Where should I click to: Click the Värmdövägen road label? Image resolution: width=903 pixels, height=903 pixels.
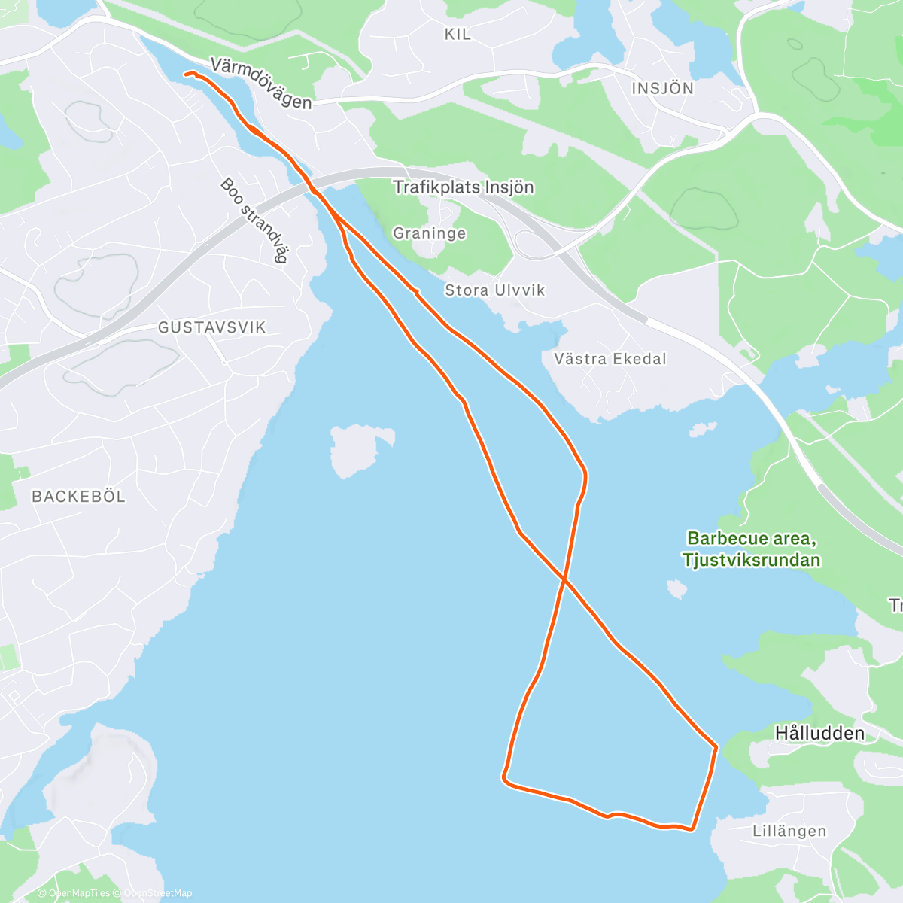pos(260,84)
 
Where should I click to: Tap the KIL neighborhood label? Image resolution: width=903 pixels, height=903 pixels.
pos(458,34)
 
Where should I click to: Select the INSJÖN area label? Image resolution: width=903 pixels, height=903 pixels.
pos(662,88)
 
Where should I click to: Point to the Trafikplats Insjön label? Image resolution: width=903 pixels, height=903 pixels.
pos(464,187)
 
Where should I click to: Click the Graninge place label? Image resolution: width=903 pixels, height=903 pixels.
pos(430,233)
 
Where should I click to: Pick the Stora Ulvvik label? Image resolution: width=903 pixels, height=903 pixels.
pos(494,290)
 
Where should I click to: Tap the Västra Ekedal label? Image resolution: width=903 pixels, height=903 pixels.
pos(610,359)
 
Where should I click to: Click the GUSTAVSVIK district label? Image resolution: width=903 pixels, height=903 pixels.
pos(212,327)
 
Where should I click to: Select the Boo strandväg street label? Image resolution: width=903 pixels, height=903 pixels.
pos(254,220)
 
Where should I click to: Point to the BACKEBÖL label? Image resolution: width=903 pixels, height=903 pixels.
pos(78,497)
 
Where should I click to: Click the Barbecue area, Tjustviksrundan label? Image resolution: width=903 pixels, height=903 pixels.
pos(751,549)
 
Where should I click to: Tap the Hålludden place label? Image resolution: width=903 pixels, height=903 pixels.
pos(819,733)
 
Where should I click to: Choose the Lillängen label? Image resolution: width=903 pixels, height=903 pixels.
pos(789,831)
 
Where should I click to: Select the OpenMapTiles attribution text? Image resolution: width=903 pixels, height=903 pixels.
pos(79,893)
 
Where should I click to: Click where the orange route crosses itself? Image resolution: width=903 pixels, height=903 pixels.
pos(564,580)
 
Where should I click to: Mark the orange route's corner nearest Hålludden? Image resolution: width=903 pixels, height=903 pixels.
pos(716,746)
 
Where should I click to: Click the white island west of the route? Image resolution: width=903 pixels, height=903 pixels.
pos(358,449)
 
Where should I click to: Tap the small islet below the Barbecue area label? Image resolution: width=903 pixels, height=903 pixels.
pos(676,588)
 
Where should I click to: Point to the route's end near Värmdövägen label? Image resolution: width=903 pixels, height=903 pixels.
pos(186,74)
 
